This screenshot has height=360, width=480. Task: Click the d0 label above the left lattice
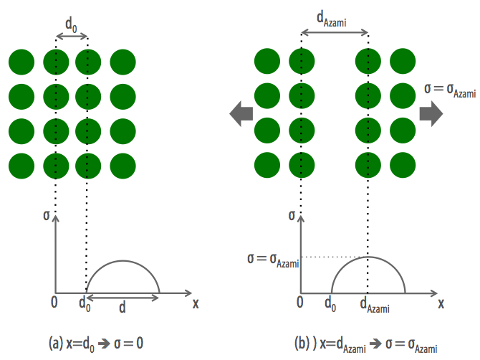click(72, 24)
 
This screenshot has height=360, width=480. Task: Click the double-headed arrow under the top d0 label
click(72, 37)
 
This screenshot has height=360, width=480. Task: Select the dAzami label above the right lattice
click(332, 19)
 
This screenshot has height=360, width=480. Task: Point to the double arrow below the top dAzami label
click(335, 32)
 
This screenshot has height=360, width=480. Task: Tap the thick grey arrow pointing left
click(241, 114)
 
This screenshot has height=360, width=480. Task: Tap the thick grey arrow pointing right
click(431, 114)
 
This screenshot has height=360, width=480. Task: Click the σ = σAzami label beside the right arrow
click(450, 90)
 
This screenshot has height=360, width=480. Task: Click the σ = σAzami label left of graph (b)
click(273, 261)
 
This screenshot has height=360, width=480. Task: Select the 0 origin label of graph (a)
click(54, 302)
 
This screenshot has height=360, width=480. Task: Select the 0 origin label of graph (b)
click(300, 302)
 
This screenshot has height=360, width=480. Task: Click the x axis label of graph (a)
click(196, 303)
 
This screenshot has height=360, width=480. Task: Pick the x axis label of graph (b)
click(441, 303)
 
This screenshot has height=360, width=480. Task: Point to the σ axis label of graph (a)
click(47, 215)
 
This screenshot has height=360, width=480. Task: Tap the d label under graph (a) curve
click(122, 306)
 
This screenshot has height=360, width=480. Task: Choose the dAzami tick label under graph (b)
click(375, 305)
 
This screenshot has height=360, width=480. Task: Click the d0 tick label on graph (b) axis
click(330, 304)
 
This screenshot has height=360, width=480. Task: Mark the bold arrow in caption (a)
click(104, 344)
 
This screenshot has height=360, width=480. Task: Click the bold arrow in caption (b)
click(375, 344)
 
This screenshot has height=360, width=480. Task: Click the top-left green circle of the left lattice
click(21, 62)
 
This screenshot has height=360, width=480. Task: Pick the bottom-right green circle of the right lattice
click(403, 165)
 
